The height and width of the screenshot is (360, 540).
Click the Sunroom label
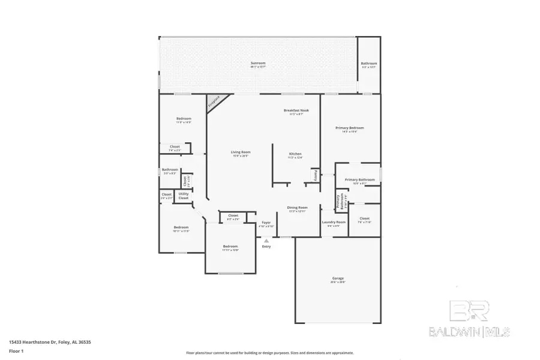coord(258,63)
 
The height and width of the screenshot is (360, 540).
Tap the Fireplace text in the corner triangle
coord(214,102)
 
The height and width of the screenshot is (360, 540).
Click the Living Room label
coord(240,152)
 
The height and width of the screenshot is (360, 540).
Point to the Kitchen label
coord(295,154)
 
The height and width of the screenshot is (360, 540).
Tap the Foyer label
coord(266,223)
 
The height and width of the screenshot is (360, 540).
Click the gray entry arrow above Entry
coord(266,240)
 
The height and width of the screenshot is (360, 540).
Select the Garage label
coord(338,278)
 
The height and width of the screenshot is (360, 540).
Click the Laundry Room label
coord(334,222)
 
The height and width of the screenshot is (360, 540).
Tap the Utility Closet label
coord(184,196)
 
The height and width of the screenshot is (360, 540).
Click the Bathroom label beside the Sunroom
coord(369,64)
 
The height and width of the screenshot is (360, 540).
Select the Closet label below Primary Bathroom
coord(364,218)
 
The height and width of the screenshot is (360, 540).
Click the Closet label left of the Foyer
coord(233,215)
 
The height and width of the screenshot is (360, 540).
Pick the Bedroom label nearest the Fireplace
coord(183,119)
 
